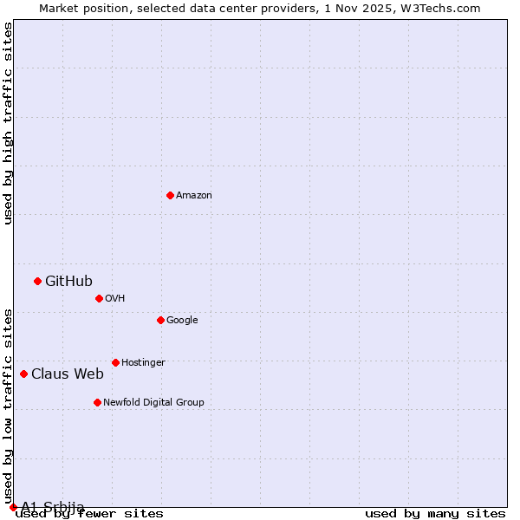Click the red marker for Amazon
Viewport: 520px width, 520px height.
(x=170, y=195)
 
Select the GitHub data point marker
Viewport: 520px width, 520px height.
(x=37, y=281)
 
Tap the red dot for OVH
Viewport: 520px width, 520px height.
(x=99, y=298)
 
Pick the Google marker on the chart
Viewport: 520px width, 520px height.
(x=160, y=320)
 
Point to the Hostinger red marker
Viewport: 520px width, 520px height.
(x=115, y=362)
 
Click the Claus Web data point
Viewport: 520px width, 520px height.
(x=23, y=374)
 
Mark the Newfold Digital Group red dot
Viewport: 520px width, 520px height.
(x=97, y=402)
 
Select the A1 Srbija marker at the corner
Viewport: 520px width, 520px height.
(x=13, y=507)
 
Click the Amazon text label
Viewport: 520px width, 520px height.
(x=194, y=195)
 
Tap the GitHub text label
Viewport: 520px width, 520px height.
(x=68, y=281)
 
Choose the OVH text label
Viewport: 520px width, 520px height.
(x=115, y=298)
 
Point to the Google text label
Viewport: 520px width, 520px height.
(x=182, y=320)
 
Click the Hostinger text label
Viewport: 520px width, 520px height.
(x=143, y=362)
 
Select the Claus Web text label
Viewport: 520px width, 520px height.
(x=68, y=374)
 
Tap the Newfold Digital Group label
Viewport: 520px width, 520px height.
(x=153, y=402)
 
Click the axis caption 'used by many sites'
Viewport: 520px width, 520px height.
(x=435, y=513)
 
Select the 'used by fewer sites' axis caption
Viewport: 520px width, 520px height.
(x=89, y=513)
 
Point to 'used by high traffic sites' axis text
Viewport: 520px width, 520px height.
(x=8, y=123)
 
